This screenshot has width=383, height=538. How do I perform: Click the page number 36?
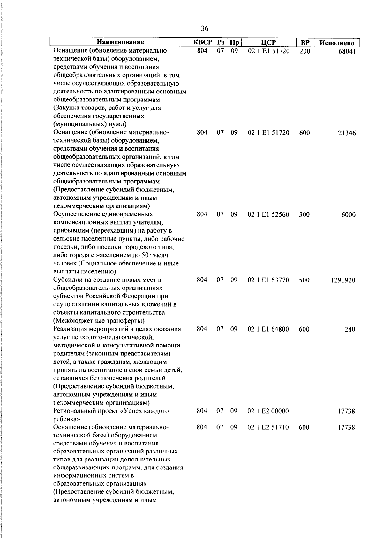tap(205, 29)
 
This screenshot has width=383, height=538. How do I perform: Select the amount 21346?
tap(347, 133)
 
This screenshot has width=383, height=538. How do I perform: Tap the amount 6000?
tap(348, 215)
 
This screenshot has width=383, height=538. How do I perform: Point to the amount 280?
tap(350, 330)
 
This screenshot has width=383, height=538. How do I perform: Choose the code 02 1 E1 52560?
tap(268, 214)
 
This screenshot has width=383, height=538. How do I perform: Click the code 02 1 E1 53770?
tap(268, 280)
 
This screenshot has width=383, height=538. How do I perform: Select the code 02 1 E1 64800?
tap(268, 329)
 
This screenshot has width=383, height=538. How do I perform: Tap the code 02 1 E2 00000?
tap(268, 411)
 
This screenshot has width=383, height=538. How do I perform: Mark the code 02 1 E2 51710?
tap(268, 427)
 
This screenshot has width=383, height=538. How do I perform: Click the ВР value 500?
tap(304, 280)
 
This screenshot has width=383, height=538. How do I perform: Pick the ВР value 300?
tap(304, 214)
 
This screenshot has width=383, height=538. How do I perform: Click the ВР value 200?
tap(305, 51)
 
